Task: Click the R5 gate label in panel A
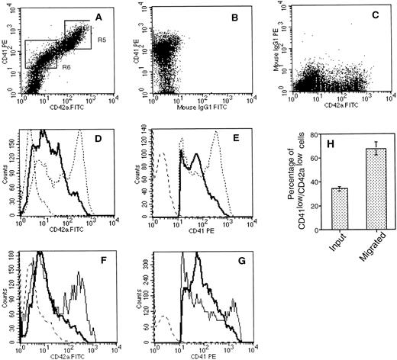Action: pos(98,34)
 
